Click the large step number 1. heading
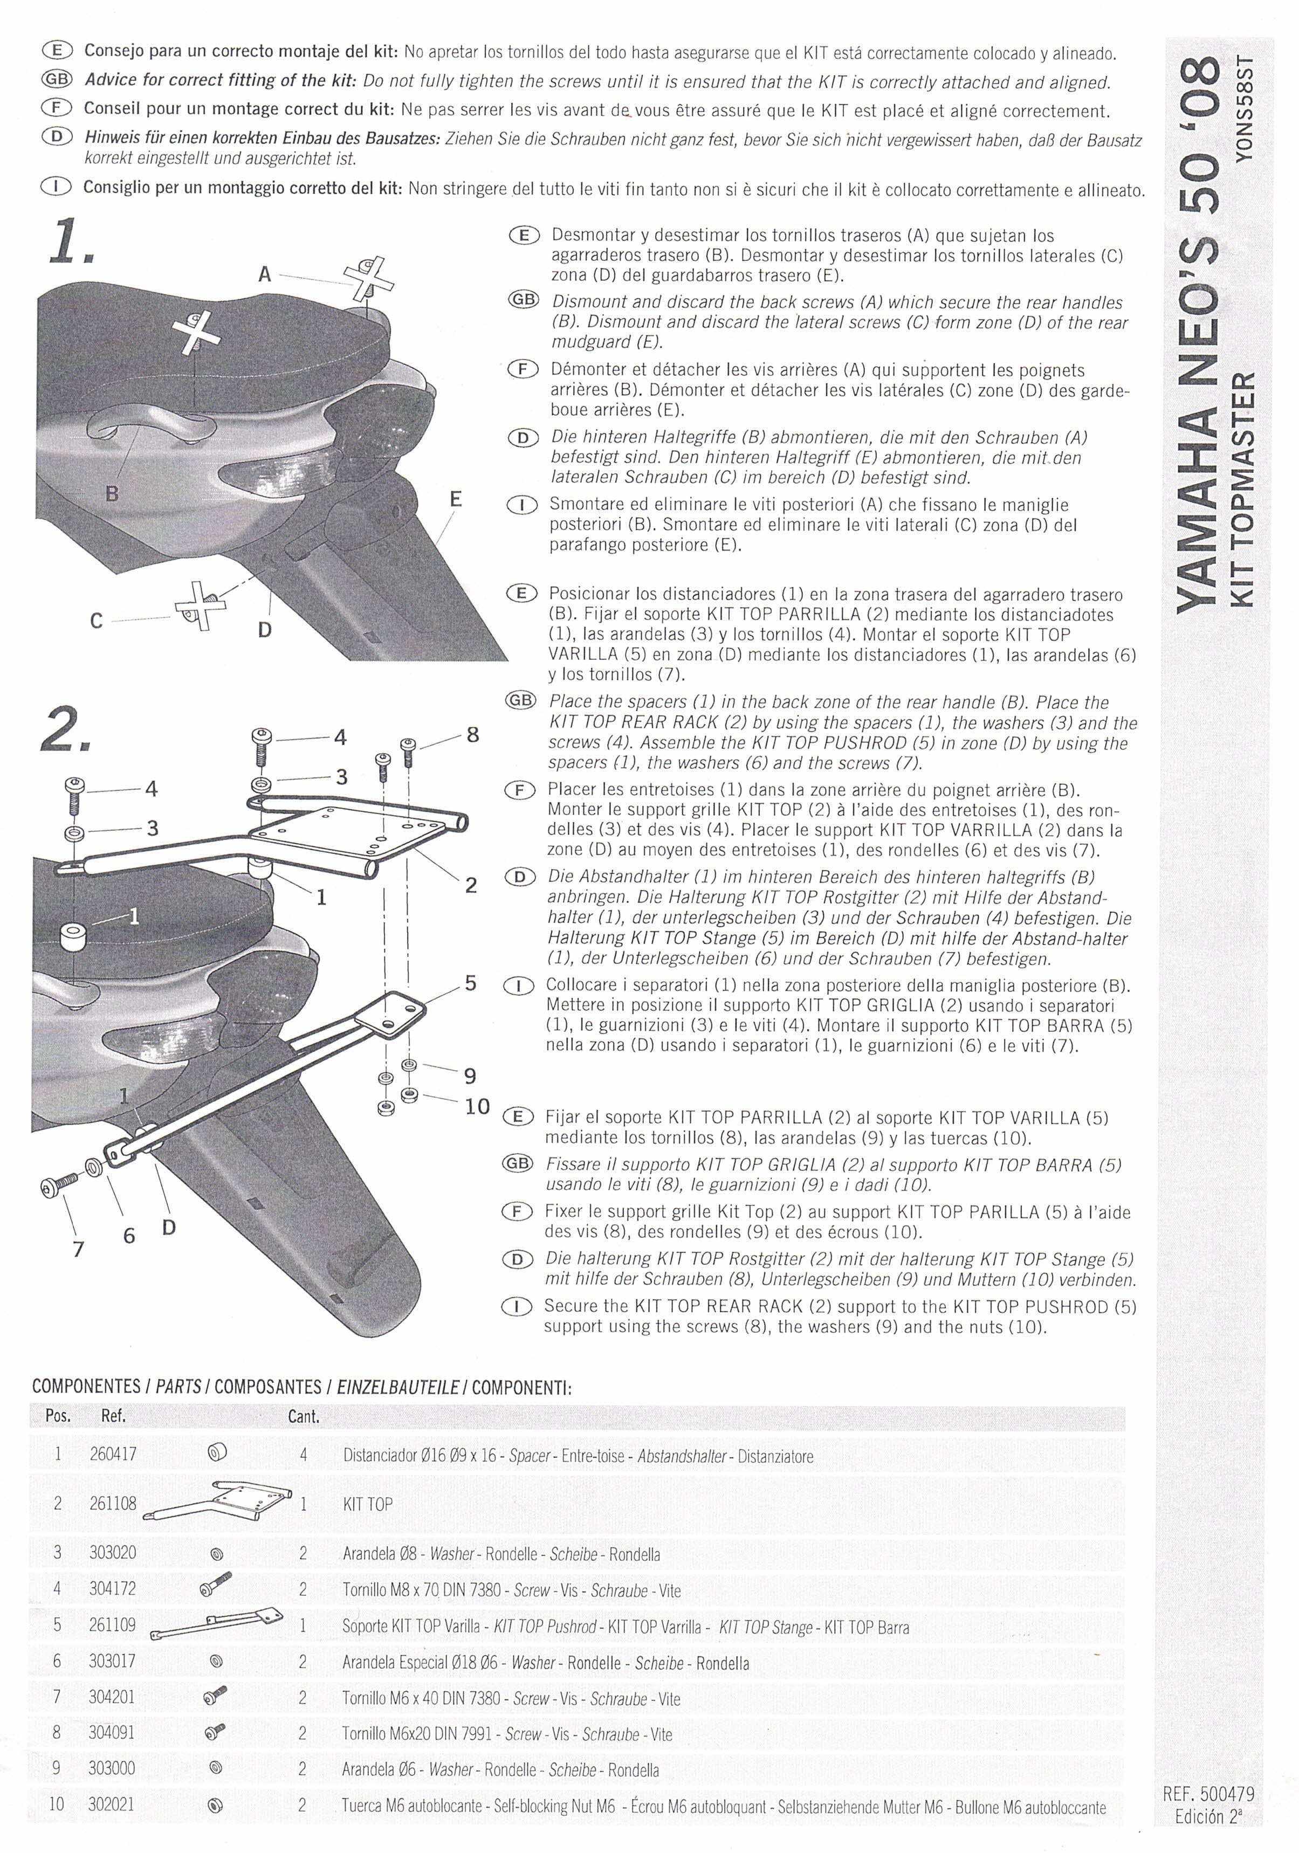(70, 240)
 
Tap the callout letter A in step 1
(264, 274)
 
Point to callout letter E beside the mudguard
(455, 499)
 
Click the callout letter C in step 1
(96, 621)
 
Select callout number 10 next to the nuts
(477, 1106)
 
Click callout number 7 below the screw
(78, 1249)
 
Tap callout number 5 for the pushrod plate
(470, 983)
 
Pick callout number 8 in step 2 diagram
(472, 734)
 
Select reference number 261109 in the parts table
(112, 1624)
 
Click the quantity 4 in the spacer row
(304, 1455)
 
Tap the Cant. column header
(304, 1416)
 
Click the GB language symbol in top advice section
(57, 80)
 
